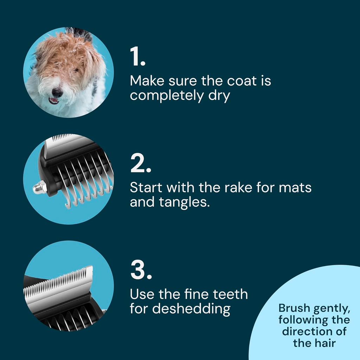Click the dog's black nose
(x=57, y=92)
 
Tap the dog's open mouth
(x=54, y=101)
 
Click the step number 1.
(x=137, y=57)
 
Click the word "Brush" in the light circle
(x=295, y=308)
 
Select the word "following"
(x=301, y=320)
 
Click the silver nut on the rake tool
(x=40, y=187)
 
